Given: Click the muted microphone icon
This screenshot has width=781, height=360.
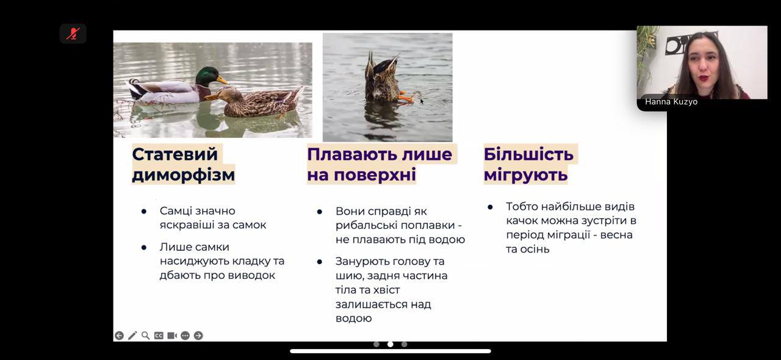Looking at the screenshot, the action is click(73, 34).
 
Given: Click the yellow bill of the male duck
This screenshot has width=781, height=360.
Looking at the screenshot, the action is click(223, 80).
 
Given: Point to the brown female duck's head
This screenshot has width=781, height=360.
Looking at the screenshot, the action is click(225, 96).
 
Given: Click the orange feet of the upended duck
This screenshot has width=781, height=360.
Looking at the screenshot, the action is click(405, 97).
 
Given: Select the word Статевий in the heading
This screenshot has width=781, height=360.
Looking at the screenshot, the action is click(175, 154).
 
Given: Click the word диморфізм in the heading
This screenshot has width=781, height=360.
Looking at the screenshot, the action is click(184, 175).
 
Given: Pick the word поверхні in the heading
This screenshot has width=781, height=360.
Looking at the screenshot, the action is click(375, 175).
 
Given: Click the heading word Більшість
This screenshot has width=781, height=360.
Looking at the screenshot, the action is click(528, 154).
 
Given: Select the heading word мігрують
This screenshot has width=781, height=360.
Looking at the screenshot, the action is click(526, 175).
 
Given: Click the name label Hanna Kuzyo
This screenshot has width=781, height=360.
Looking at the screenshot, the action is click(671, 102).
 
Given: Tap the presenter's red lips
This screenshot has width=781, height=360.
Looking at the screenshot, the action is click(704, 77).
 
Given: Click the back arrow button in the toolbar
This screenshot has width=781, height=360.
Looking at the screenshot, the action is click(119, 336).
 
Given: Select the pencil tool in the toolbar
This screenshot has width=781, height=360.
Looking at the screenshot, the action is click(132, 336).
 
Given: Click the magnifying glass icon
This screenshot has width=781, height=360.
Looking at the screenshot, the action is click(146, 336).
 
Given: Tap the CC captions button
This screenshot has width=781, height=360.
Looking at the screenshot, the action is click(159, 336).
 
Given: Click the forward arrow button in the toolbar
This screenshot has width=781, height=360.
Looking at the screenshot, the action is click(198, 336).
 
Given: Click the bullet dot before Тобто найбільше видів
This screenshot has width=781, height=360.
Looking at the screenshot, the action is click(490, 207).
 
